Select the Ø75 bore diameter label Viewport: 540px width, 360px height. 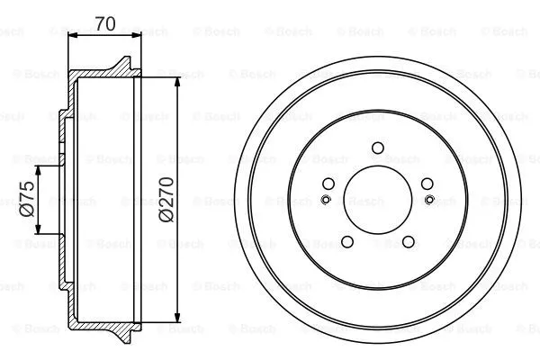pyautogui.click(x=27, y=199)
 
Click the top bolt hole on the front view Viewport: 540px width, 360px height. pyautogui.click(x=377, y=148)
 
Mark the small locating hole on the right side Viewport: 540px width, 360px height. pyautogui.click(x=428, y=200)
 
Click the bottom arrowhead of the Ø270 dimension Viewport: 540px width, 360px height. pyautogui.click(x=179, y=318)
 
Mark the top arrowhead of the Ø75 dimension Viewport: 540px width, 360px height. pyautogui.click(x=40, y=168)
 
